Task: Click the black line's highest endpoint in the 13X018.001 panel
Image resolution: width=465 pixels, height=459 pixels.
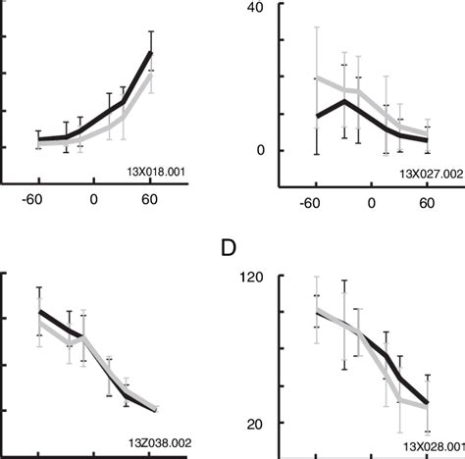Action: (151, 52)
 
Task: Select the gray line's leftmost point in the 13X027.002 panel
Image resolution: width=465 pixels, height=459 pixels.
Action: (316, 77)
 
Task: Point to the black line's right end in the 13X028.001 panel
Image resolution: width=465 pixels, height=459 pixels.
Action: (428, 403)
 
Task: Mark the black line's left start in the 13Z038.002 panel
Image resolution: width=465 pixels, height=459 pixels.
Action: (39, 311)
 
